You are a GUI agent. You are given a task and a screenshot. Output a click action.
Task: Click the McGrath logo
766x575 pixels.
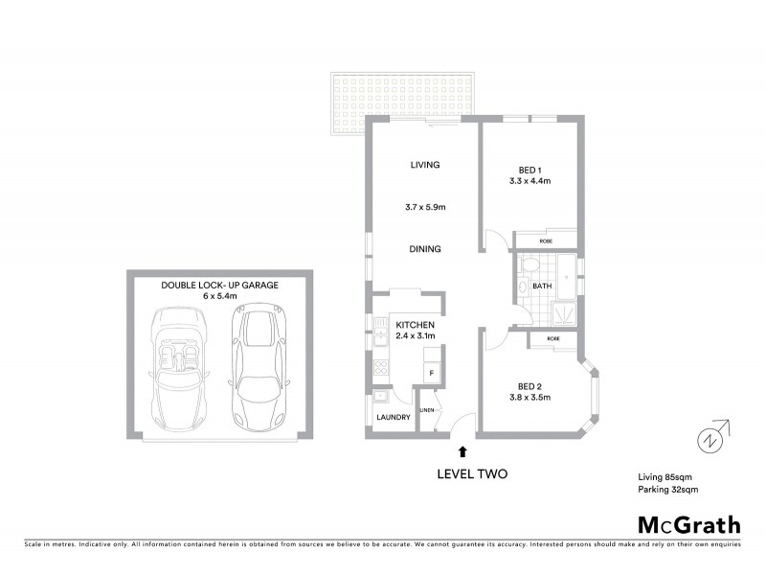tap(688, 524)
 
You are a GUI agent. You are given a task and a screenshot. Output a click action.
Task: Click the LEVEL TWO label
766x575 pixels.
tap(471, 473)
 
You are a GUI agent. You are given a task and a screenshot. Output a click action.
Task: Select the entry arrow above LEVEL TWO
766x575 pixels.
tap(463, 449)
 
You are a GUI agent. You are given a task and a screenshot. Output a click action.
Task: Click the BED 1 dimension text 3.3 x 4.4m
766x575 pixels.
tap(529, 180)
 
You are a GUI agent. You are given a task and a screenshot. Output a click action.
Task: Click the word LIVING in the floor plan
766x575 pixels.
tap(424, 165)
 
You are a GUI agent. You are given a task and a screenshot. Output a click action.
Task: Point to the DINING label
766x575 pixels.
tap(424, 249)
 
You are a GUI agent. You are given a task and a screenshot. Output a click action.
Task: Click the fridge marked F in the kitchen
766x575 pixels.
tap(432, 371)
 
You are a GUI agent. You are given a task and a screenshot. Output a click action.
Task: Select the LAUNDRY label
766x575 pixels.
tap(394, 417)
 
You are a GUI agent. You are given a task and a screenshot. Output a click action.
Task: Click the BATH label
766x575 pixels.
tap(542, 286)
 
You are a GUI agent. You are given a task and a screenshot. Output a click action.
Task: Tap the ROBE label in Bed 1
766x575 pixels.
tap(544, 241)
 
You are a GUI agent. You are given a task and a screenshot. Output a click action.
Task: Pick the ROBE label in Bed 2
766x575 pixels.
tap(553, 339)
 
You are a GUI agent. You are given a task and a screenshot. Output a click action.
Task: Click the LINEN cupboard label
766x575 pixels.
tap(427, 410)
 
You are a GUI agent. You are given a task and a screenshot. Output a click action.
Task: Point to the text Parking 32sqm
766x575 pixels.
tap(670, 490)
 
